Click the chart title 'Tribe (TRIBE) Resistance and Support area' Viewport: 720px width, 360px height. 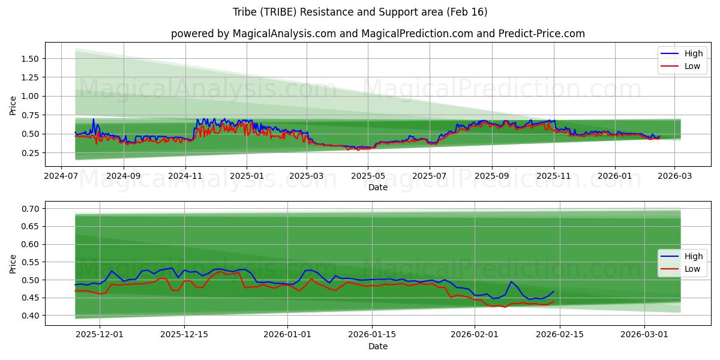coord(360,12)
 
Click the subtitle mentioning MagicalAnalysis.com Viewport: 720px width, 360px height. coord(378,34)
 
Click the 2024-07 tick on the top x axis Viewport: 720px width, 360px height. coord(61,177)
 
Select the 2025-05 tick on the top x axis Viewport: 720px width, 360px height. coord(368,177)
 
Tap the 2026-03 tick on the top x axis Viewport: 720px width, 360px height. coord(674,177)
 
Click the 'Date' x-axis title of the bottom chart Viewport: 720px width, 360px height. coord(378,347)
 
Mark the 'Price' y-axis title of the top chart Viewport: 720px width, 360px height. coord(13,105)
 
